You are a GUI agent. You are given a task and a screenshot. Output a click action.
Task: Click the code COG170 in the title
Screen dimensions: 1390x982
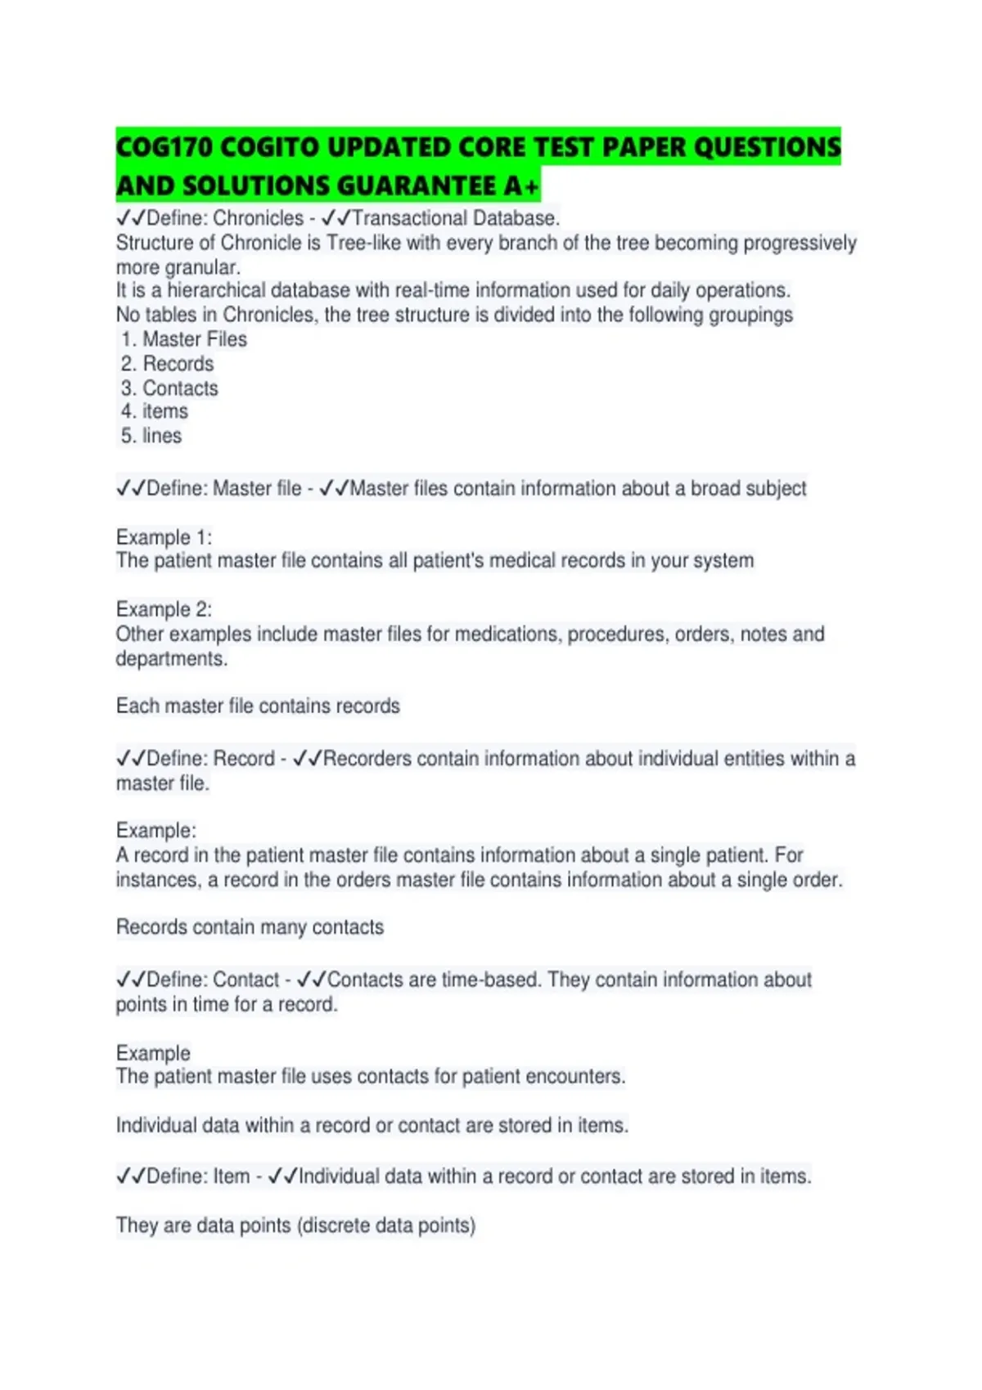(x=164, y=147)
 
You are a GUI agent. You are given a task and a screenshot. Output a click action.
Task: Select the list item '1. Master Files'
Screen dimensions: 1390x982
(x=184, y=339)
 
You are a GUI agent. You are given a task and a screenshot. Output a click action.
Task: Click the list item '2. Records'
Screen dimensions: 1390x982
(x=168, y=364)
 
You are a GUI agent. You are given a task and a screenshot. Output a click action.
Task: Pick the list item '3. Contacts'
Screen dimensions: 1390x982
(x=170, y=388)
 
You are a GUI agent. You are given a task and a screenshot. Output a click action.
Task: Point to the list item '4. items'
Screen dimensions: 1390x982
(x=155, y=411)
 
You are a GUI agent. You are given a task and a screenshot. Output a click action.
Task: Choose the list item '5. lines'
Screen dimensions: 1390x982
(x=151, y=436)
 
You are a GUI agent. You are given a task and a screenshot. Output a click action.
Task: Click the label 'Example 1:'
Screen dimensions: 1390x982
(x=164, y=537)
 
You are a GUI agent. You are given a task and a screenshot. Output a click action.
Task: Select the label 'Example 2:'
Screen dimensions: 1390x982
(x=164, y=609)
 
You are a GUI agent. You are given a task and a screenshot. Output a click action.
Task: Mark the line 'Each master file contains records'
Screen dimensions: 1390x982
(x=258, y=706)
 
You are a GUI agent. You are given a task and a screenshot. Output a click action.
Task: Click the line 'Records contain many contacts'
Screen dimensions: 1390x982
(x=250, y=927)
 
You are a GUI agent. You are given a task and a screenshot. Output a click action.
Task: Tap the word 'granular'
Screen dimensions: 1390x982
(x=201, y=267)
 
